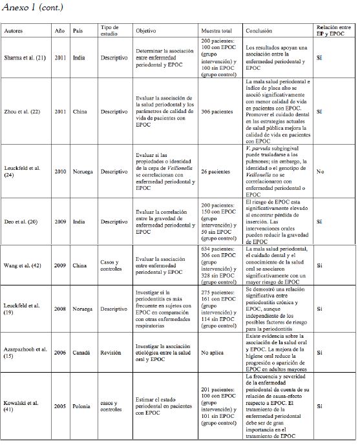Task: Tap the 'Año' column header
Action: click(60, 31)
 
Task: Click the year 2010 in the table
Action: click(60, 172)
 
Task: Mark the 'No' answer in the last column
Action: click(321, 172)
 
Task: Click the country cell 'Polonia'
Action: click(81, 406)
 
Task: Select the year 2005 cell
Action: click(60, 406)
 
